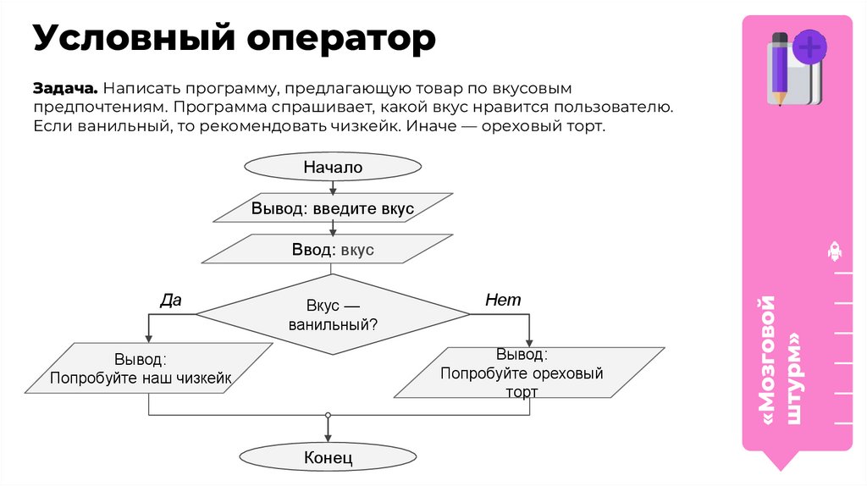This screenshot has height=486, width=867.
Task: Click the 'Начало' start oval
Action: pyautogui.click(x=333, y=168)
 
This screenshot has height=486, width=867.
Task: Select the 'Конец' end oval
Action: pyautogui.click(x=328, y=458)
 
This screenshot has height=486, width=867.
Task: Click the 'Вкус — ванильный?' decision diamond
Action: pyautogui.click(x=333, y=314)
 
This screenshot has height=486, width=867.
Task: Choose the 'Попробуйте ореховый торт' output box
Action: pyautogui.click(x=530, y=373)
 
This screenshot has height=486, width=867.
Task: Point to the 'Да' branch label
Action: pyautogui.click(x=171, y=300)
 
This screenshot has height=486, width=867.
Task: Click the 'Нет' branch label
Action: pyautogui.click(x=503, y=300)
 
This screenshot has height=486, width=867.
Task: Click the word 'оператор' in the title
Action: pyautogui.click(x=342, y=38)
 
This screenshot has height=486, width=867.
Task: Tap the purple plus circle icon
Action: pyautogui.click(x=810, y=47)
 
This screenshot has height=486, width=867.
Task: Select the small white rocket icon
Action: pyautogui.click(x=834, y=251)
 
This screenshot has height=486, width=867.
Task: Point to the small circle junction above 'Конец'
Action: pyautogui.click(x=328, y=415)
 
